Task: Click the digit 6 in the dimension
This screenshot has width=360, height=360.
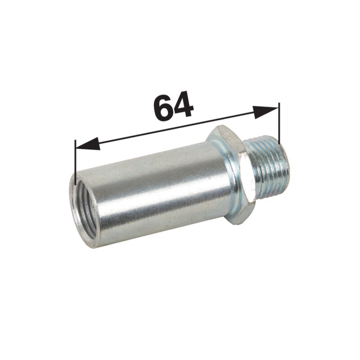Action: pos(163,107)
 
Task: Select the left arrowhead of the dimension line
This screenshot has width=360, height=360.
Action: pos(88,144)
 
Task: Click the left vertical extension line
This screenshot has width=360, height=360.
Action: pos(75,162)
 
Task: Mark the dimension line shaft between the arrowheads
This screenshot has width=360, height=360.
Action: pos(177,128)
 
